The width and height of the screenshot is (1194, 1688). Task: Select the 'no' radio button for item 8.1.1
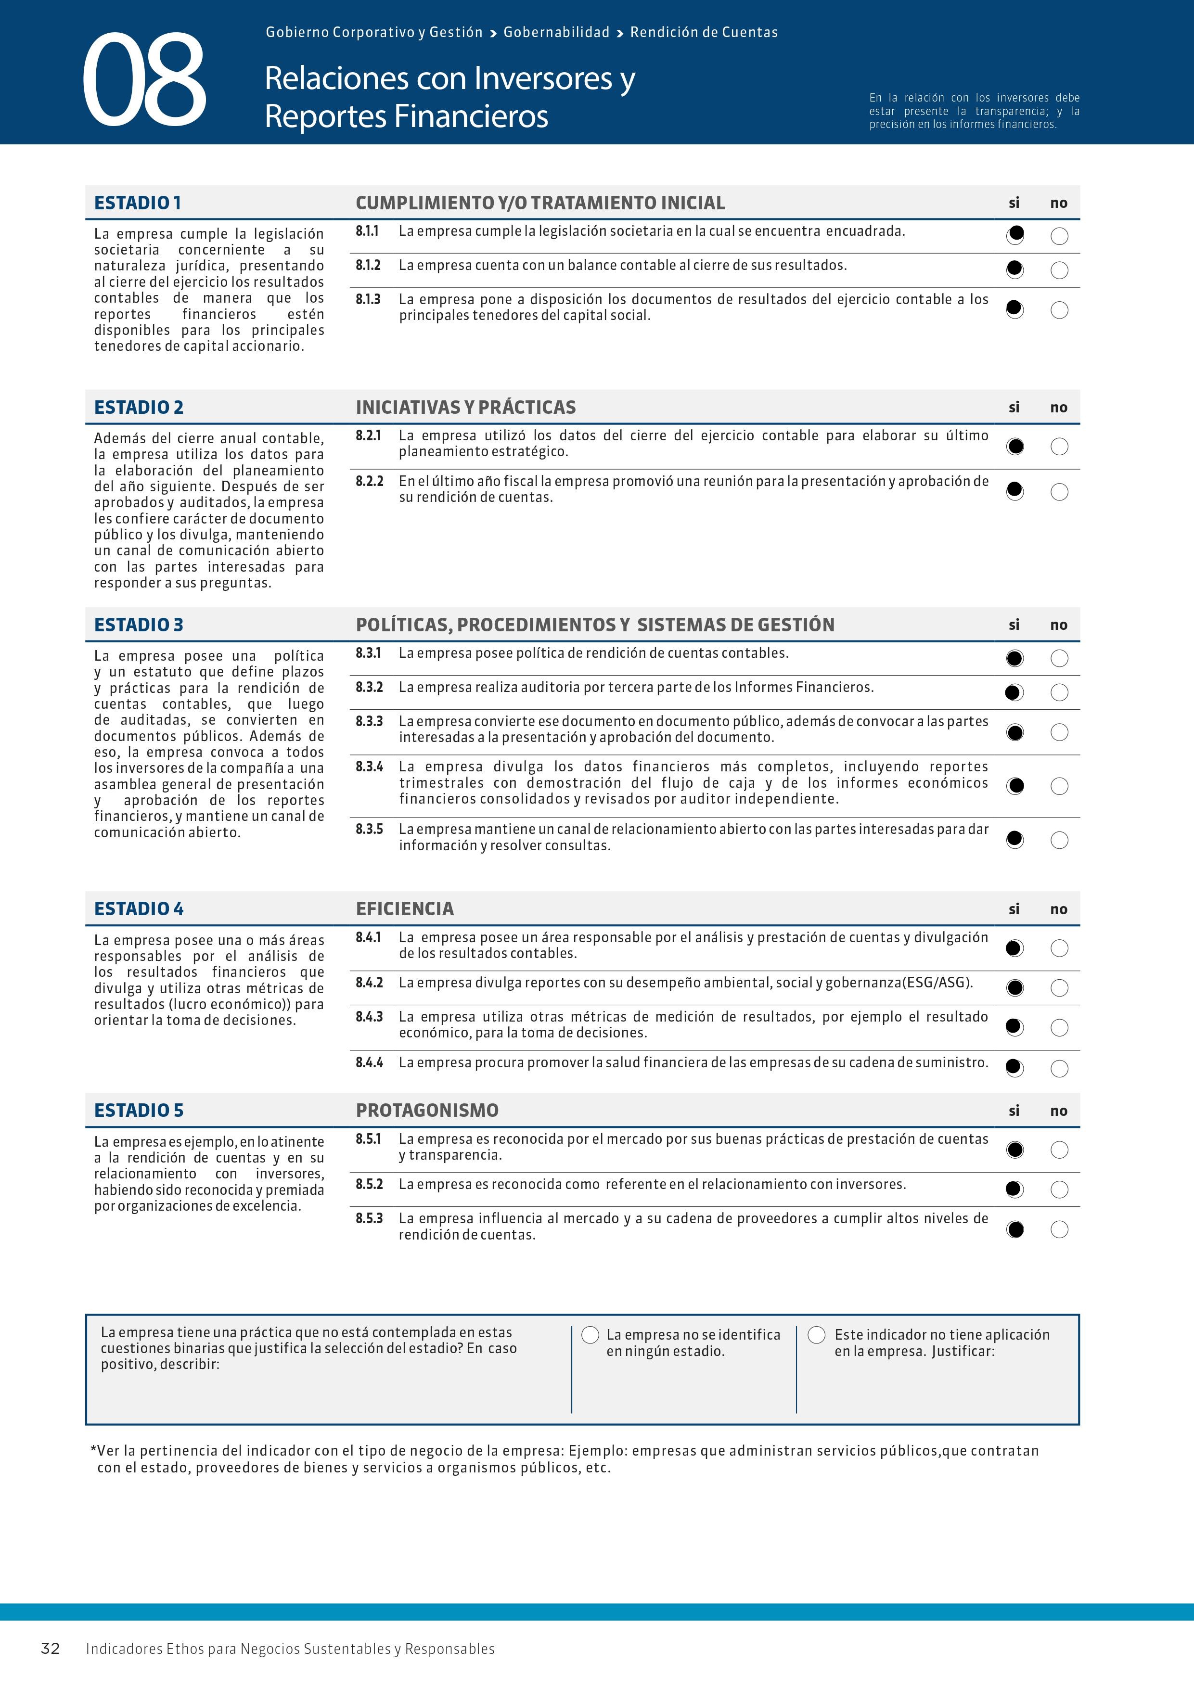click(1059, 236)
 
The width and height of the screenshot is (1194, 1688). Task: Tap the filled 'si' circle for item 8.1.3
click(1014, 309)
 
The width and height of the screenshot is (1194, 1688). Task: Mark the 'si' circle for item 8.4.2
click(1014, 987)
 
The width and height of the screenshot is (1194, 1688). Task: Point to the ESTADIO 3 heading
click(138, 625)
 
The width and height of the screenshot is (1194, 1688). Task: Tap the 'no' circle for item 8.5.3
click(1059, 1229)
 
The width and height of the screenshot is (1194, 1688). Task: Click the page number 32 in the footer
click(50, 1648)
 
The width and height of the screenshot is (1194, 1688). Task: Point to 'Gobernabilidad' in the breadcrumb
click(556, 32)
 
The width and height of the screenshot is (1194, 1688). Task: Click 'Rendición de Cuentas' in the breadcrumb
click(704, 32)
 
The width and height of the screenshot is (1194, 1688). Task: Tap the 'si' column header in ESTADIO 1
click(1014, 203)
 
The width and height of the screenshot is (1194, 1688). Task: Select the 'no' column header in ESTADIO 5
click(1059, 1111)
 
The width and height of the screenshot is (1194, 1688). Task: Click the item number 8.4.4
click(369, 1062)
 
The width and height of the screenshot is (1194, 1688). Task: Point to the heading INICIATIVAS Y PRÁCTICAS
click(465, 407)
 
